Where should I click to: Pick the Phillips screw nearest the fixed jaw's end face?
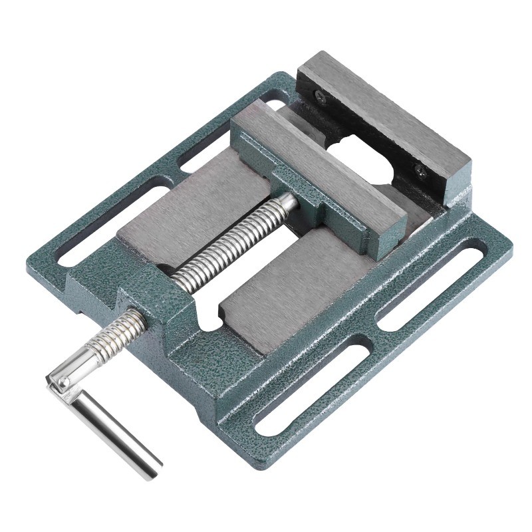point(420,170)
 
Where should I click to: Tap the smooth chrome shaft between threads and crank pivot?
point(76,370)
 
